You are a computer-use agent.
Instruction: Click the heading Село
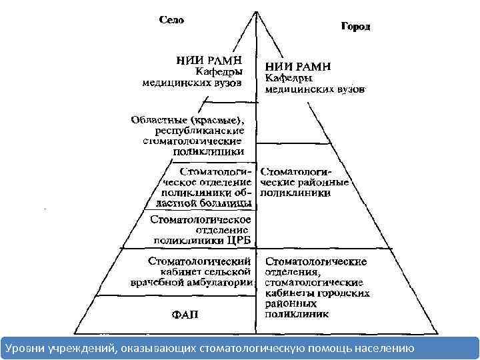coord(171,20)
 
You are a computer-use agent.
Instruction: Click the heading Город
coord(355,27)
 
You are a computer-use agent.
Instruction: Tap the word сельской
coord(229,271)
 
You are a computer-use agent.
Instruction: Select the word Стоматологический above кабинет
coord(199,260)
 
